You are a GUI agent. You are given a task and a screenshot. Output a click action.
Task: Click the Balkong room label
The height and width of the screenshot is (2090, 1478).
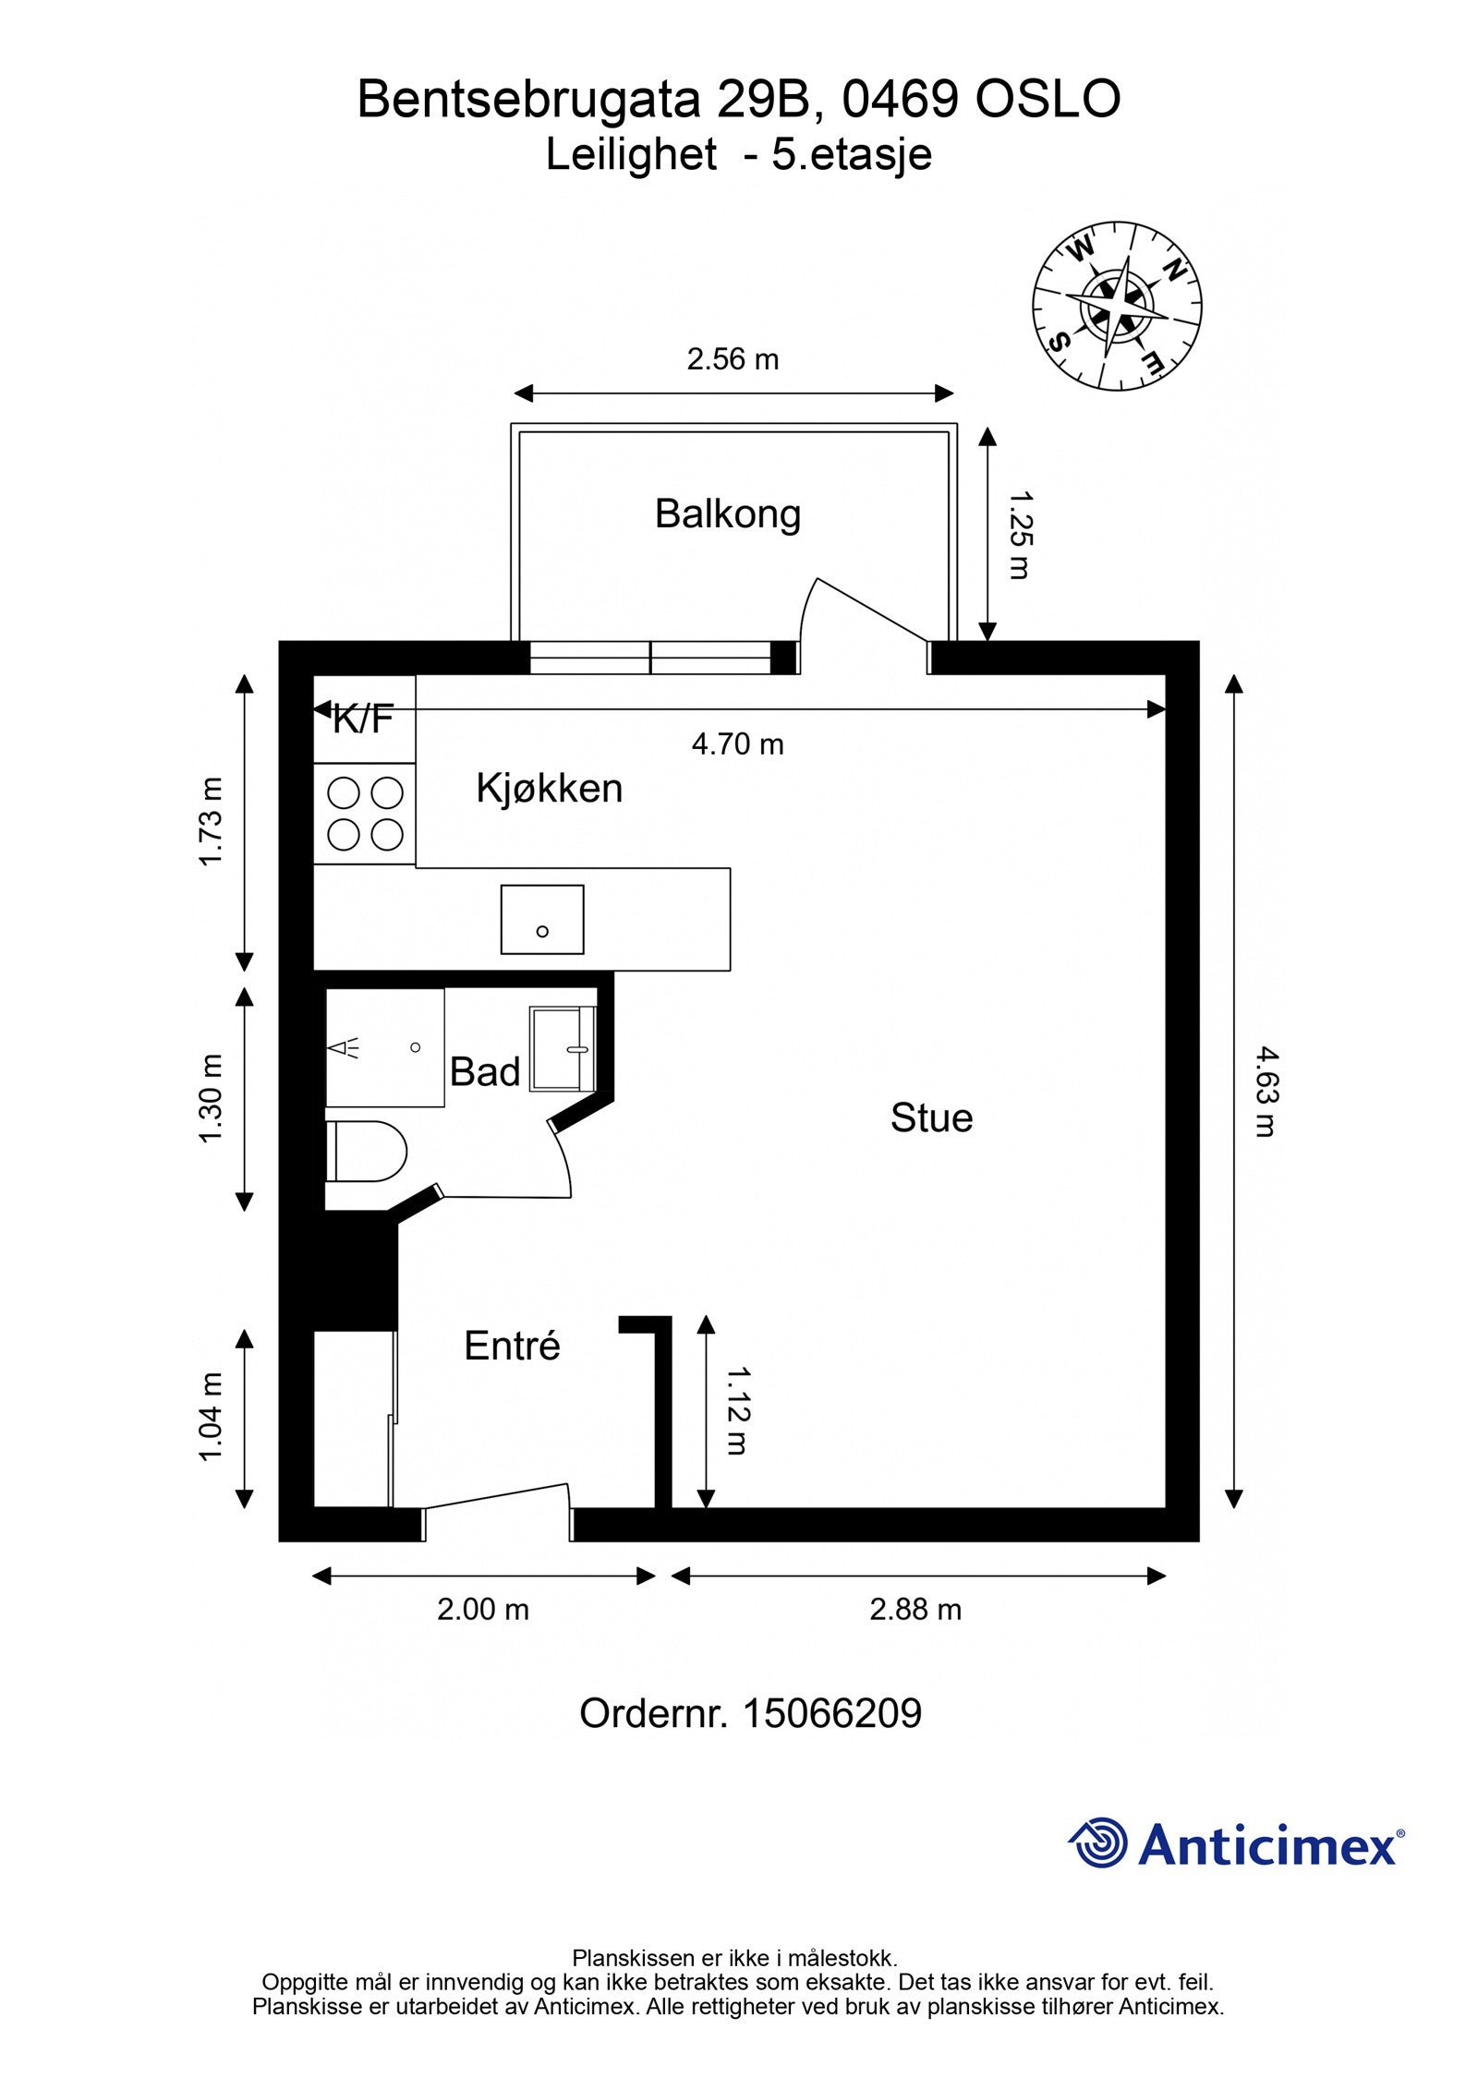[x=727, y=513]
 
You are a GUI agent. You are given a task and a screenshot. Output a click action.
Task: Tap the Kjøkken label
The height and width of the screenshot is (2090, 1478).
[x=549, y=788]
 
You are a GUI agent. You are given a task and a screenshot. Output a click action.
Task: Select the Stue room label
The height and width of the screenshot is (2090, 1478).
[x=931, y=1117]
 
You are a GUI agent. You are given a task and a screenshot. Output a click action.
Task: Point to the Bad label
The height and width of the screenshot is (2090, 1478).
[x=484, y=1071]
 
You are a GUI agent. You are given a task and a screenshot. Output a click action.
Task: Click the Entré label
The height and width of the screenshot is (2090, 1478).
[x=512, y=1346]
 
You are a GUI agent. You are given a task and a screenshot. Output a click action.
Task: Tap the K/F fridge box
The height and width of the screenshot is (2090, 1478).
[x=364, y=719]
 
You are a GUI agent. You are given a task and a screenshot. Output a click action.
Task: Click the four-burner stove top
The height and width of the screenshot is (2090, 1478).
[x=365, y=814]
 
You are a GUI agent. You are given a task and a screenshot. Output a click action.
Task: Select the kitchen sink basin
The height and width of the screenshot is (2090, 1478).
[x=542, y=919]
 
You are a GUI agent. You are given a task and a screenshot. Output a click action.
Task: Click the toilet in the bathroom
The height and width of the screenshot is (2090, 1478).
[x=367, y=1151]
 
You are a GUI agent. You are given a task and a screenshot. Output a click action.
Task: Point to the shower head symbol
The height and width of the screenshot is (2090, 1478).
[x=345, y=1047]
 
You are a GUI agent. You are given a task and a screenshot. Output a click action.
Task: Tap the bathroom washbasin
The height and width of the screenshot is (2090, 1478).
[x=562, y=1048]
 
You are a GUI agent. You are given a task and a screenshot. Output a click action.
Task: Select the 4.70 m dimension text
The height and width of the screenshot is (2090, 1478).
[x=737, y=743]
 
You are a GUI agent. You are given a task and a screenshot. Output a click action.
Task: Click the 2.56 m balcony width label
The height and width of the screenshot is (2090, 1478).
[x=733, y=359]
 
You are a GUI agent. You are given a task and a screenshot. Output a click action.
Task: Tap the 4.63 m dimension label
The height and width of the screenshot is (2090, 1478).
[x=1264, y=1090]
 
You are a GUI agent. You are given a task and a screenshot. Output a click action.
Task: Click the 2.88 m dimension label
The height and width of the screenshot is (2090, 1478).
[x=915, y=1610]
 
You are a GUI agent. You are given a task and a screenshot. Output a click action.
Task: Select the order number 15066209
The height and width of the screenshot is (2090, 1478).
[x=831, y=1713]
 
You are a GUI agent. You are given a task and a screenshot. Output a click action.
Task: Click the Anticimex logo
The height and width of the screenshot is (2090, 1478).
[x=1236, y=1844]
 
